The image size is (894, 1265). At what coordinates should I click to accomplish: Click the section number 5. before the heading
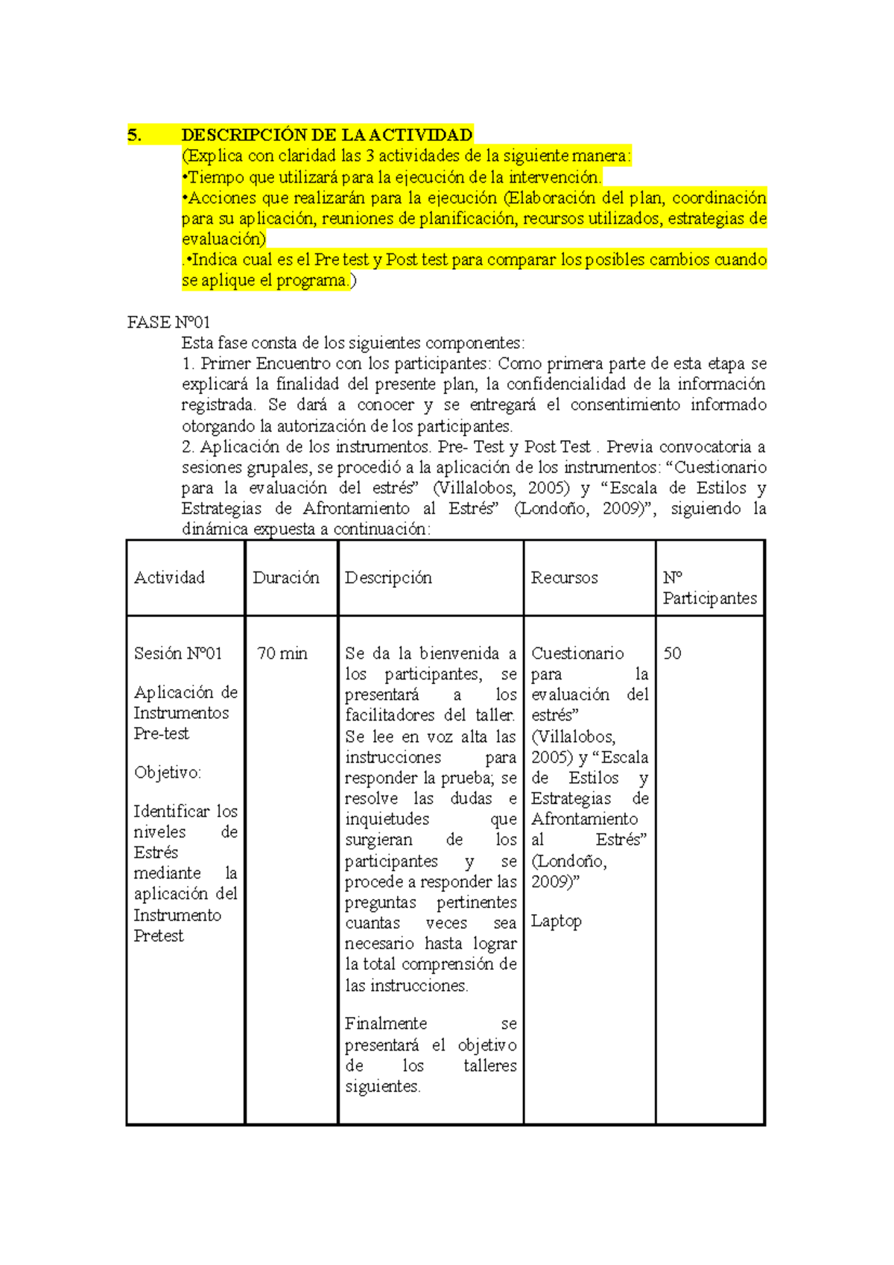click(134, 136)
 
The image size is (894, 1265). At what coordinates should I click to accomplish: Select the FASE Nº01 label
click(168, 323)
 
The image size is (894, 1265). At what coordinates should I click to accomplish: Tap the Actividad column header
click(169, 578)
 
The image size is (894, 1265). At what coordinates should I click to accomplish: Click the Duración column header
click(286, 578)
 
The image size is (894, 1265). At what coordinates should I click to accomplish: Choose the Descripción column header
click(388, 578)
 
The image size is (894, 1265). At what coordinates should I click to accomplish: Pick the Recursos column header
click(564, 578)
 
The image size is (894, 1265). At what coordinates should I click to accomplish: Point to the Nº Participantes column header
click(709, 589)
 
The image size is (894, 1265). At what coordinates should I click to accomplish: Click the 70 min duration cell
click(282, 654)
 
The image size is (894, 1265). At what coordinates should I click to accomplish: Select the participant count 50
click(672, 654)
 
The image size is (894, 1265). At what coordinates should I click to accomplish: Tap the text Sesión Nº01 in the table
click(178, 654)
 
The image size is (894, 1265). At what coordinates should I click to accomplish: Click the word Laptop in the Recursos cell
click(556, 922)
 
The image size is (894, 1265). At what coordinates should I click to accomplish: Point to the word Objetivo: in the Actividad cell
click(168, 773)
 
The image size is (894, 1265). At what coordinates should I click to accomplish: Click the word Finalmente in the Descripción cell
click(386, 1024)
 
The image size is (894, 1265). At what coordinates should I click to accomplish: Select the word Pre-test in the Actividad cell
click(161, 734)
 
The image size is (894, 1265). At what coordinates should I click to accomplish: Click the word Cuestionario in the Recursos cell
click(577, 654)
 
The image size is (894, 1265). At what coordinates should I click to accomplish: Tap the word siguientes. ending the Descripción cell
click(383, 1087)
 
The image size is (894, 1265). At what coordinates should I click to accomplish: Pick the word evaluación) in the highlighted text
click(223, 239)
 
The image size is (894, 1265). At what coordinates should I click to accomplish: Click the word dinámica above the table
click(215, 530)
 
